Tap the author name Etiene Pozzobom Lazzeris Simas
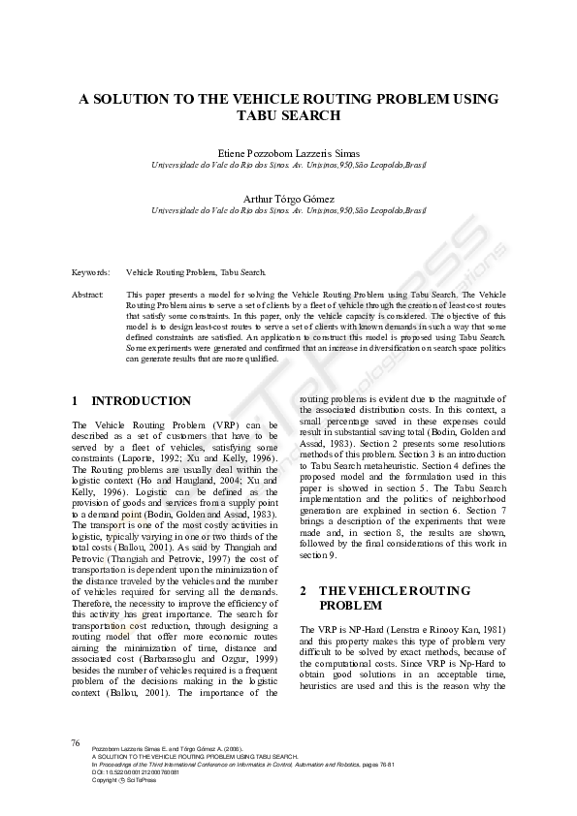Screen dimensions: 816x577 point(288,153)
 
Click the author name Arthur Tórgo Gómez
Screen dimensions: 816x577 point(288,199)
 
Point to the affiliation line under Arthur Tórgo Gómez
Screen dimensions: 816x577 point(288,209)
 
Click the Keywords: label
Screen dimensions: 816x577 point(91,272)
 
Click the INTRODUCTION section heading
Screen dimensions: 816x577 point(141,400)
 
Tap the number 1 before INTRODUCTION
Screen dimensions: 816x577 point(76,400)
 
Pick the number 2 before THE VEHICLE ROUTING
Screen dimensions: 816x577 point(304,590)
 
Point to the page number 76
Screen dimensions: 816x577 point(76,741)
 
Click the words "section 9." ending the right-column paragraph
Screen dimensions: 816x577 point(318,555)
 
